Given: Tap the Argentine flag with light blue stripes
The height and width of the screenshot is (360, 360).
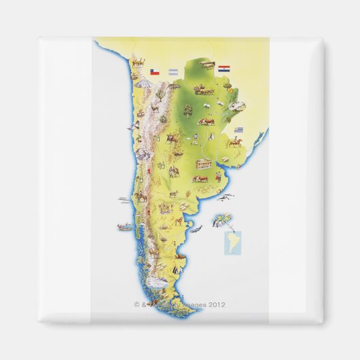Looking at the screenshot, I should point(174,72).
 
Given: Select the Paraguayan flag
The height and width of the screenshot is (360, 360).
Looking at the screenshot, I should point(224,68).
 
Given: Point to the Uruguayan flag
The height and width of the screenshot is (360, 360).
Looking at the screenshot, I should point(238,129).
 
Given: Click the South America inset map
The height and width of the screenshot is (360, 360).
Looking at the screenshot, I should point(232,242).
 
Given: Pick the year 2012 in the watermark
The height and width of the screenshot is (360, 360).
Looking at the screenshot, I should point(217,305).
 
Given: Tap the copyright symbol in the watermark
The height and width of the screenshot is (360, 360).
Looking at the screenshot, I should point(137,305).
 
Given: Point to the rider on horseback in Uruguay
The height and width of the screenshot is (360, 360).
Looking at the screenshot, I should point(235,143).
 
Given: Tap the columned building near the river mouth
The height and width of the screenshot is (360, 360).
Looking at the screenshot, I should point(204,164).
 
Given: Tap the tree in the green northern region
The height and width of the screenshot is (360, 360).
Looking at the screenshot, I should point(187,109).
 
